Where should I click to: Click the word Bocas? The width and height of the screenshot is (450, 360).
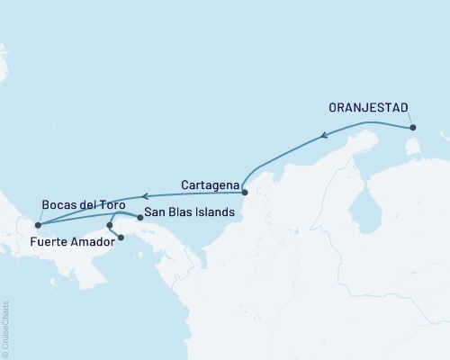(62, 205)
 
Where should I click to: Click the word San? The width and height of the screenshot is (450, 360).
(157, 212)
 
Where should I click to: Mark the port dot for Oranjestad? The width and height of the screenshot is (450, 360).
(413, 128)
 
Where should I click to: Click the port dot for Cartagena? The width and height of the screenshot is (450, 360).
(245, 192)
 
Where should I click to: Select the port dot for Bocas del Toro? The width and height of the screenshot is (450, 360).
(37, 226)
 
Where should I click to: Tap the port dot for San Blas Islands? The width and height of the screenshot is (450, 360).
(139, 218)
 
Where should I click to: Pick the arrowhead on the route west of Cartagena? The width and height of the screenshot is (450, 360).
(141, 196)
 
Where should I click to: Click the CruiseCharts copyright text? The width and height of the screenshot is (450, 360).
(6, 328)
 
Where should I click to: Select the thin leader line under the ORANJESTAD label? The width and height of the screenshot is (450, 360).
(409, 118)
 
